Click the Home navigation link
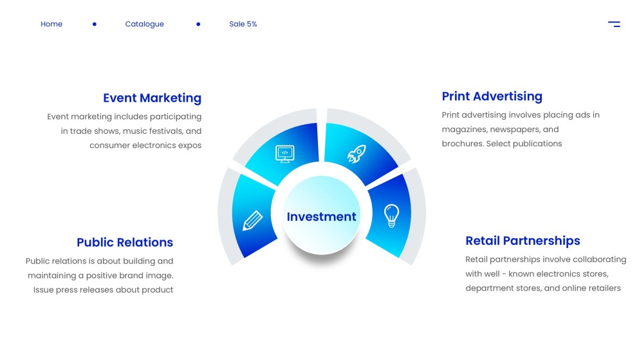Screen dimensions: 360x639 pyautogui.click(x=51, y=24)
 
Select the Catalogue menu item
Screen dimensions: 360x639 pyautogui.click(x=144, y=24)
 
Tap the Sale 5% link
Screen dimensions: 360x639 pyautogui.click(x=243, y=24)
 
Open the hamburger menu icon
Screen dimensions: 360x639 pyautogui.click(x=614, y=24)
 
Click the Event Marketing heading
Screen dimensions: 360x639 pyautogui.click(x=152, y=98)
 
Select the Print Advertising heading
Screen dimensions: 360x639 pyautogui.click(x=492, y=97)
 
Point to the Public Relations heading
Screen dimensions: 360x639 pyautogui.click(x=125, y=242)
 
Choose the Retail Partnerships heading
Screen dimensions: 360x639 pyautogui.click(x=523, y=241)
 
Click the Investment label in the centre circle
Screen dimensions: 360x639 pyautogui.click(x=321, y=217)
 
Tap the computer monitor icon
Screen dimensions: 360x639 pyautogui.click(x=284, y=153)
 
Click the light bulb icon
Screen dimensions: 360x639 pyautogui.click(x=391, y=215)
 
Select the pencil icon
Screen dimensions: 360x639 pyautogui.click(x=252, y=220)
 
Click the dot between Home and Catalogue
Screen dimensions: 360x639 pyautogui.click(x=95, y=24)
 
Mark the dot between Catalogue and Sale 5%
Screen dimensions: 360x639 pyautogui.click(x=198, y=24)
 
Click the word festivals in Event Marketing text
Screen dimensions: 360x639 pyautogui.click(x=164, y=131)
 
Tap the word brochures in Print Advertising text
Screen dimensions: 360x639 pyautogui.click(x=462, y=144)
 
